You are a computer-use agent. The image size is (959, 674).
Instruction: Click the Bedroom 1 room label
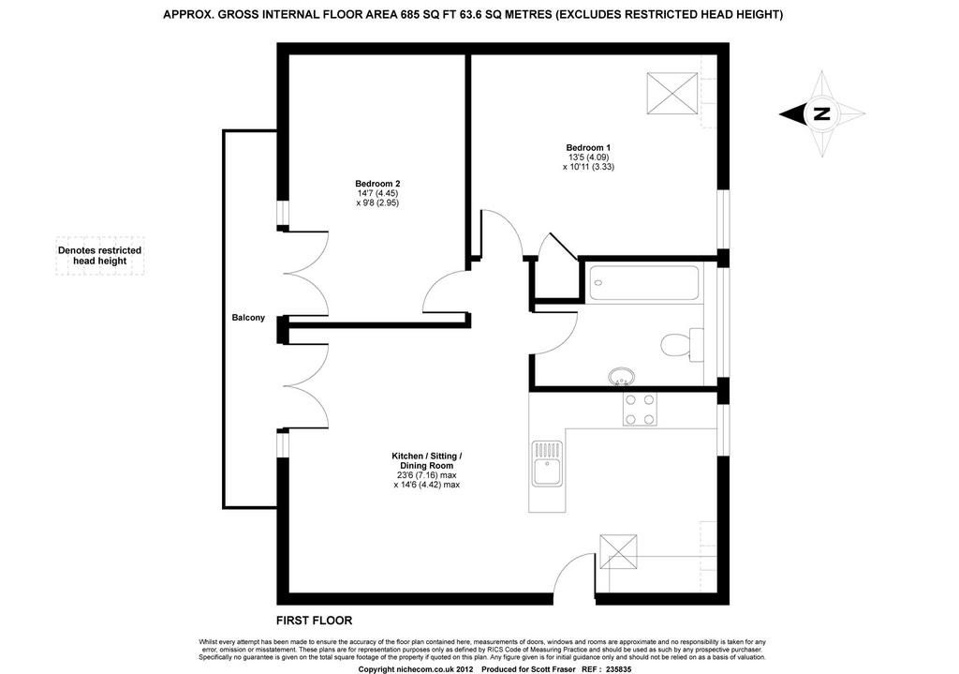[x=588, y=147]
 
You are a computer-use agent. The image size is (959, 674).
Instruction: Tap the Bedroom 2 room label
[x=377, y=184]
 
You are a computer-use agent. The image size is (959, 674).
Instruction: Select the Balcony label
[x=248, y=318]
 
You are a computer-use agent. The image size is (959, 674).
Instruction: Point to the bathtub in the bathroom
[x=644, y=283]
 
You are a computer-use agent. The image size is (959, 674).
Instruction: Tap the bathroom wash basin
[x=622, y=377]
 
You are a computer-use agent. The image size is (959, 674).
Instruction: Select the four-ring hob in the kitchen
[x=641, y=409]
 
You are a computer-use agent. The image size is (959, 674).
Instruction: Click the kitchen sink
[x=547, y=464]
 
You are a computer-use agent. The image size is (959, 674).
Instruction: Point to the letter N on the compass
[x=821, y=113]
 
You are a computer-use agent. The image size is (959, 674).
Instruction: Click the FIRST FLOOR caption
[x=315, y=621]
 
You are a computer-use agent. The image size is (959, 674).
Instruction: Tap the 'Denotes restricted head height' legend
[x=99, y=255]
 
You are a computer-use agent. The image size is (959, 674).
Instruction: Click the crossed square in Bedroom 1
[x=672, y=93]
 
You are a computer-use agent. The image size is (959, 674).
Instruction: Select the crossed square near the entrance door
[x=618, y=553]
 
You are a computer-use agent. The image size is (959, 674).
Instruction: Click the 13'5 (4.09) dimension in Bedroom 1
[x=588, y=157]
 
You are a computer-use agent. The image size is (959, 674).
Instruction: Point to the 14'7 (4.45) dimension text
[x=378, y=193]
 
